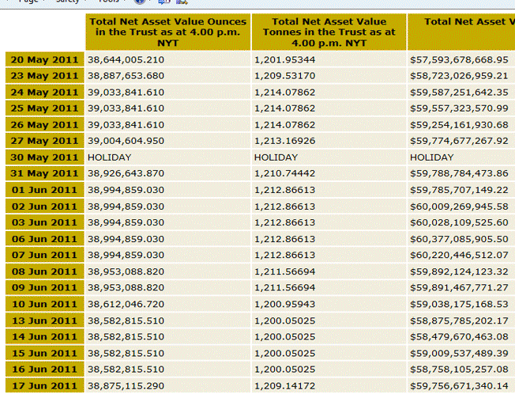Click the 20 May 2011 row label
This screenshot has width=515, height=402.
[x=44, y=59]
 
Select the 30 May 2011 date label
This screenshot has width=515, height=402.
[x=44, y=157]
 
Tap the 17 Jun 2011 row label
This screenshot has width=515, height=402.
[x=44, y=385]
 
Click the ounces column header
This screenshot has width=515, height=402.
[x=167, y=32]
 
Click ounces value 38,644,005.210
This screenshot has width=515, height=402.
[x=126, y=59]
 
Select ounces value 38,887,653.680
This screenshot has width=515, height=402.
[x=126, y=76]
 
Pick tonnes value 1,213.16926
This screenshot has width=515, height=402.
[x=284, y=141]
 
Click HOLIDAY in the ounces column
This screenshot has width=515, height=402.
[x=109, y=157]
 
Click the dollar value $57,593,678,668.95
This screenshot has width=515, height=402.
[x=459, y=59]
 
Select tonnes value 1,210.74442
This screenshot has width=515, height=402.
[x=284, y=173]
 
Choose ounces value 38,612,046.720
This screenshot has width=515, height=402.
[x=126, y=304]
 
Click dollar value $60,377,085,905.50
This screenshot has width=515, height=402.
[x=459, y=239]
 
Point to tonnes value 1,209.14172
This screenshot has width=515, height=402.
[x=284, y=385]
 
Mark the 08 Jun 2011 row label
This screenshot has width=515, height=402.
[x=44, y=271]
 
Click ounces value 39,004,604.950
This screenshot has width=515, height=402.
[x=126, y=141]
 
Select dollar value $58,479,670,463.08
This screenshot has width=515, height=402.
[x=459, y=336]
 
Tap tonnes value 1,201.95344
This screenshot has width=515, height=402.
[x=284, y=59]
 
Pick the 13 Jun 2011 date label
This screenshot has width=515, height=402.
[x=44, y=320]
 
